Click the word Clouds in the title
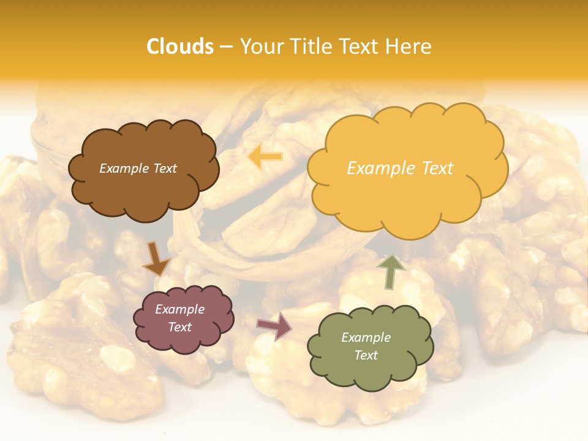click(x=180, y=47)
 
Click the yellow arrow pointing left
click(x=265, y=157)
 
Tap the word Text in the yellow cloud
click(x=436, y=168)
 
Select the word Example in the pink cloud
click(x=179, y=309)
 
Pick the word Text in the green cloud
click(x=366, y=355)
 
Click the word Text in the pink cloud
click(x=179, y=327)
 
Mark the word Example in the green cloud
click(x=366, y=337)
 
